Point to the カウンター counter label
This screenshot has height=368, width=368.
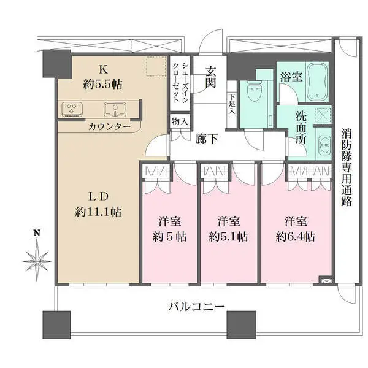tap(109, 126)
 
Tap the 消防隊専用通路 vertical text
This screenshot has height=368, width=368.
tap(347, 165)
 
